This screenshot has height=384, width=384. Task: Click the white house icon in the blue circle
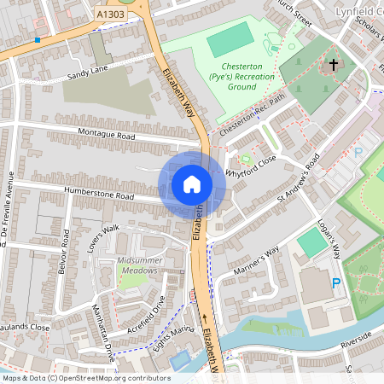pyautogui.click(x=192, y=183)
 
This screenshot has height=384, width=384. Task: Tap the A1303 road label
pyautogui.click(x=111, y=15)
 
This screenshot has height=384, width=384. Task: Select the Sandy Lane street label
pyautogui.click(x=88, y=76)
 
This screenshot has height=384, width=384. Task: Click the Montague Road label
pyautogui.click(x=107, y=136)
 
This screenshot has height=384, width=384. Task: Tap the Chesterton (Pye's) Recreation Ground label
pyautogui.click(x=232, y=76)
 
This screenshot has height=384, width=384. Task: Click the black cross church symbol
pyautogui.click(x=334, y=65)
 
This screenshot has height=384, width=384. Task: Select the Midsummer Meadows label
pyautogui.click(x=137, y=265)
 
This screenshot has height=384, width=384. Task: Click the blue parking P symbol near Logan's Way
pyautogui.click(x=335, y=282)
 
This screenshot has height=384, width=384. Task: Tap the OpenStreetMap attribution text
pyautogui.click(x=86, y=377)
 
